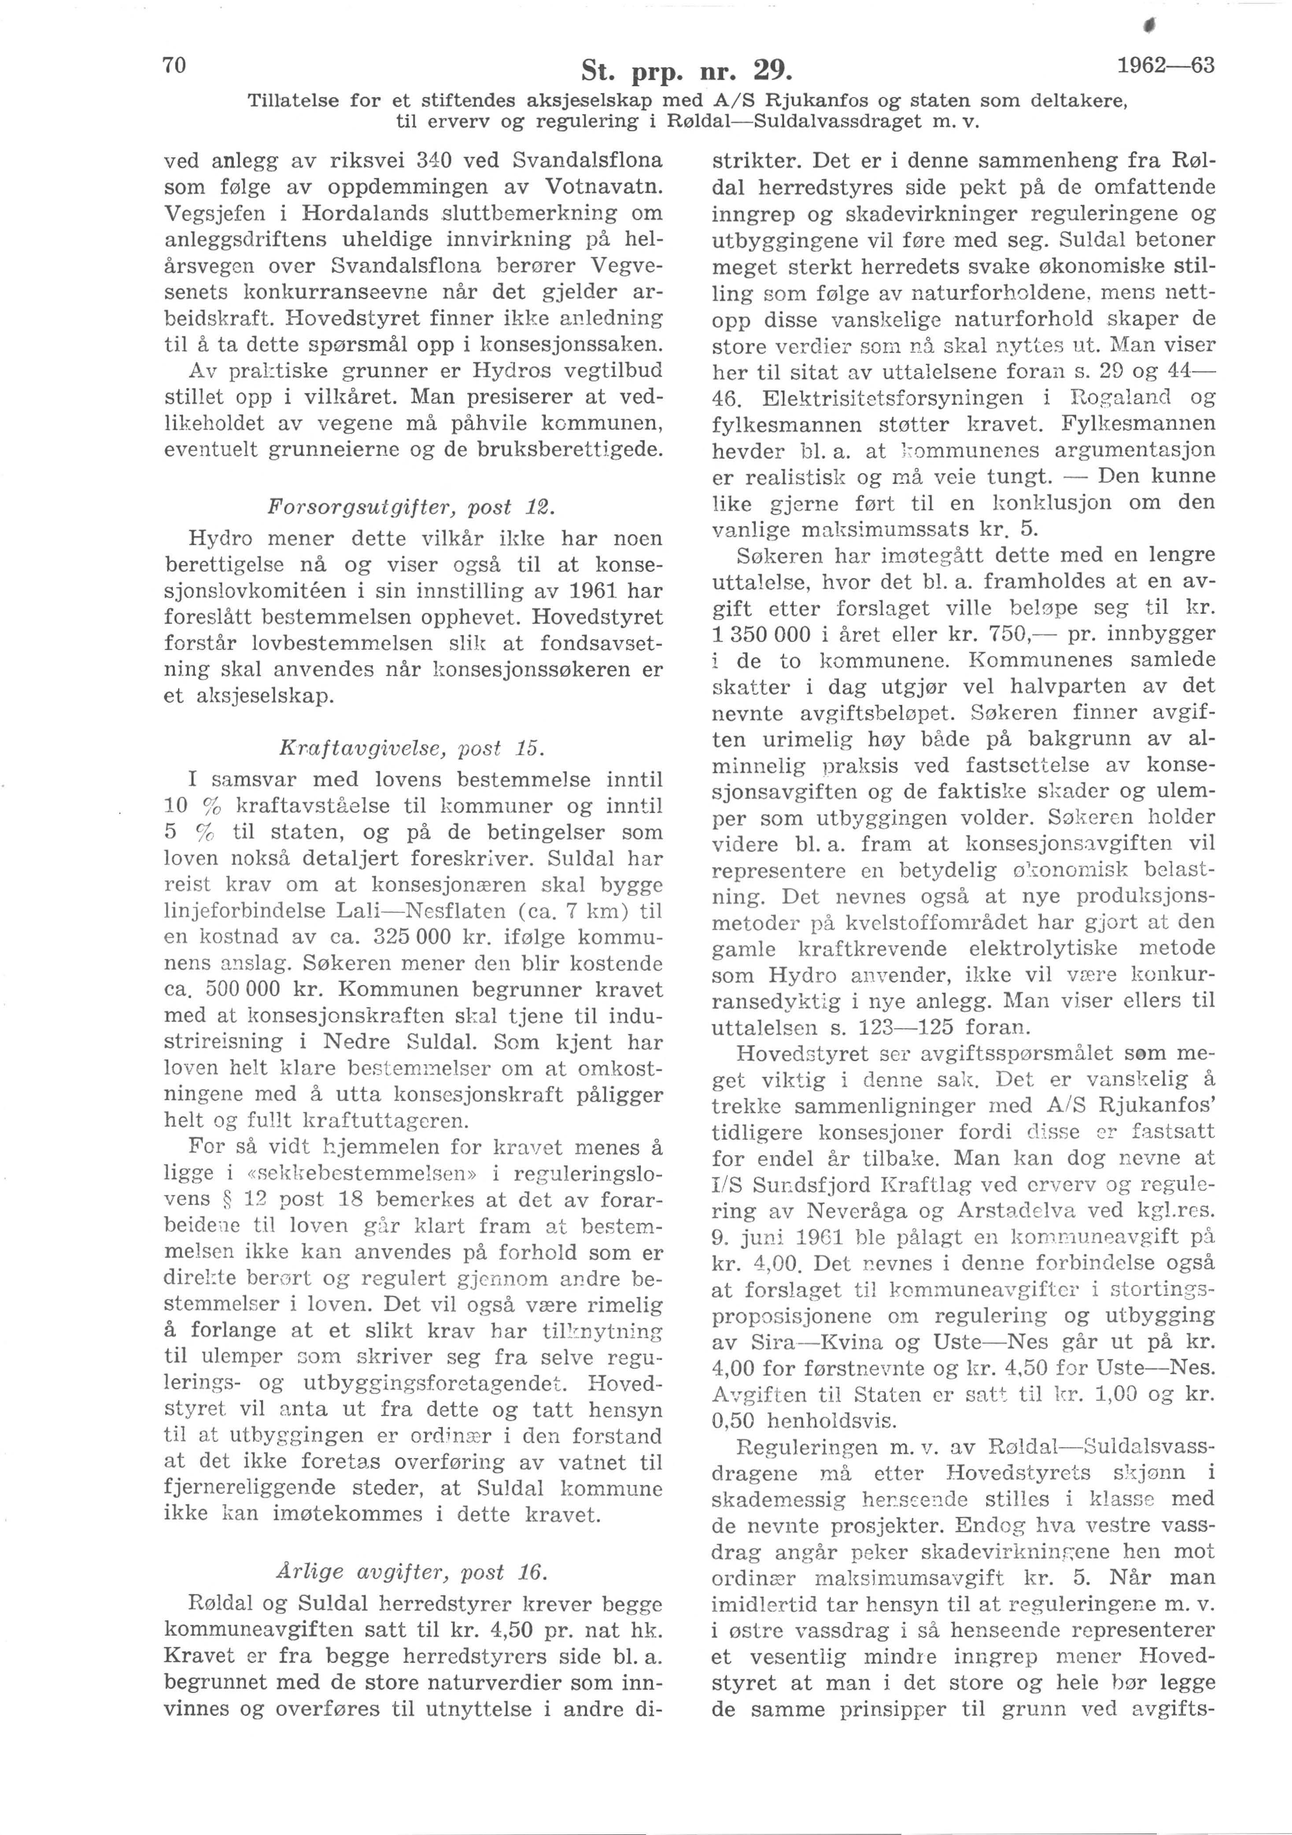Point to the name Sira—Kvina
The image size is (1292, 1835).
800,1341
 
